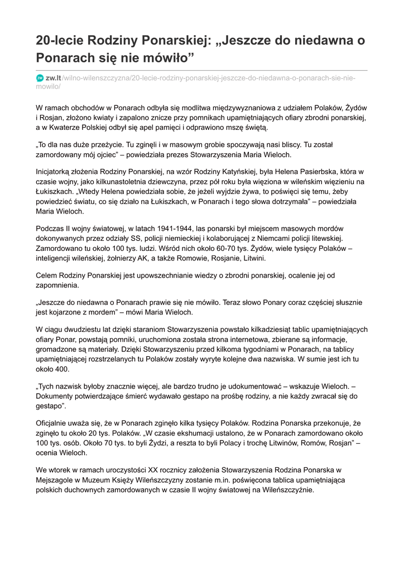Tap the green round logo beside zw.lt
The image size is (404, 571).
click(x=40, y=78)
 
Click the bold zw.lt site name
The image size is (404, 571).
click(x=54, y=78)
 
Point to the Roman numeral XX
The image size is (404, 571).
click(x=171, y=470)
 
